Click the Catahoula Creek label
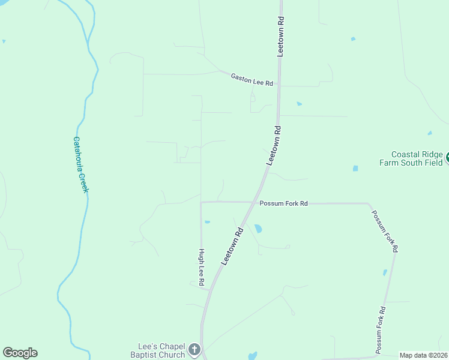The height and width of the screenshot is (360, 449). click(x=80, y=164)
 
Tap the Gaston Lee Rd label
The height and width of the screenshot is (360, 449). click(x=252, y=79)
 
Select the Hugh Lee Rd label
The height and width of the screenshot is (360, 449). click(x=202, y=268)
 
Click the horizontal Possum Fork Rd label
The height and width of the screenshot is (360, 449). click(x=283, y=203)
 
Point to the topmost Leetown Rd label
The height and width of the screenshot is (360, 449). click(x=280, y=36)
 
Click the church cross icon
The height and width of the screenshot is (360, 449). click(x=194, y=349)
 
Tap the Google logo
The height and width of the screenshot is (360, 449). click(x=20, y=353)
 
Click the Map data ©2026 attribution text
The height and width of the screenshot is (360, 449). click(x=423, y=355)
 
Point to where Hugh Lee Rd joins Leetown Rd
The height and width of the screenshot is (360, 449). click(x=209, y=290)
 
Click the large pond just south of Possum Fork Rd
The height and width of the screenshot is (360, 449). click(x=258, y=229)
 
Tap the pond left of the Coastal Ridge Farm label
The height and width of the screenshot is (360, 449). click(x=355, y=168)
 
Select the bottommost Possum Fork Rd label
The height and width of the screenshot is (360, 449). click(x=379, y=329)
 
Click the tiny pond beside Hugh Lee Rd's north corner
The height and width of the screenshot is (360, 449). click(x=207, y=222)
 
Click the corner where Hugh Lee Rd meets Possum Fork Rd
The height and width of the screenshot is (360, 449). click(x=200, y=202)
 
